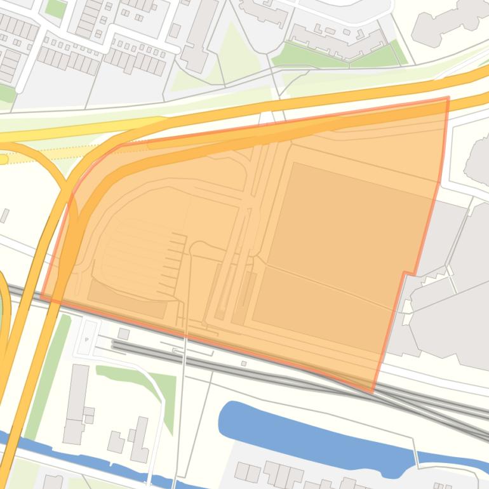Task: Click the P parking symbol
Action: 87,340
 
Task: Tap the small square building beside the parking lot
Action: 123,333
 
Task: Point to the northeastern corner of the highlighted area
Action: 448,98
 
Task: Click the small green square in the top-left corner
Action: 56,8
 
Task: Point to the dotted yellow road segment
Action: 38,156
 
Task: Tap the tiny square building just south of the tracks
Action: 244,364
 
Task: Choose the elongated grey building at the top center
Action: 199,35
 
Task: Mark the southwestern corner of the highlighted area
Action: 42,295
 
